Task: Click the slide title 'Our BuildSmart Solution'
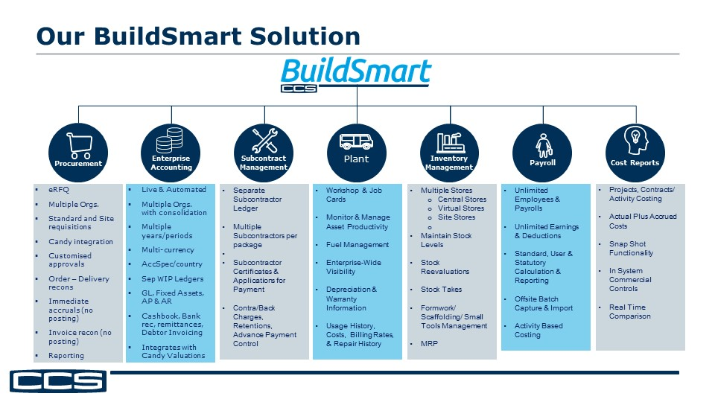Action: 198,36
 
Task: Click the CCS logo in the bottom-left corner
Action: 58,382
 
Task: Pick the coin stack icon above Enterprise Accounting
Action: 171,141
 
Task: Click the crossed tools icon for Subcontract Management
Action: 264,141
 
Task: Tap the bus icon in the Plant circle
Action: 356,141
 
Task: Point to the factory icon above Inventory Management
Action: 448,141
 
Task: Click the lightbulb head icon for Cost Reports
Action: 635,140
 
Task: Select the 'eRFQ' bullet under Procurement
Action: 59,191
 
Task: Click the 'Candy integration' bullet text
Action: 80,242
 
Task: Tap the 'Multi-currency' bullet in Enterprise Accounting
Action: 168,250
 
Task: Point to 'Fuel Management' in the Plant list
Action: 357,245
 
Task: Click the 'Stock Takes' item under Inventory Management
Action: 441,290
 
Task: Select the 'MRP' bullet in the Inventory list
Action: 429,344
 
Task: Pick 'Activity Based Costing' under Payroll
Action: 538,331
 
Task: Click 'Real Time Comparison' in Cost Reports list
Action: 630,312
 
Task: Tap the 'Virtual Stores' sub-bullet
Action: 462,208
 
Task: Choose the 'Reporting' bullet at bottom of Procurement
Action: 66,356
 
